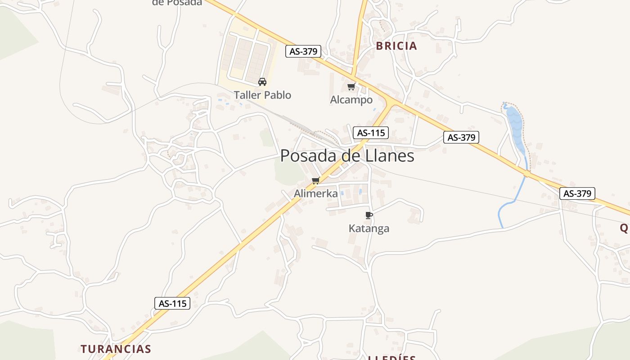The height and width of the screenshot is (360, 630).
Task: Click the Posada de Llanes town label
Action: [347, 156]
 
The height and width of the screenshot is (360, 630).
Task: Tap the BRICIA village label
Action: [396, 46]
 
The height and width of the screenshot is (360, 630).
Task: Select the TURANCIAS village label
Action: [116, 349]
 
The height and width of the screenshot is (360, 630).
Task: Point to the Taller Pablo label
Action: [262, 95]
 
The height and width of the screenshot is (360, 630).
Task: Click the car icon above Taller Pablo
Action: [262, 82]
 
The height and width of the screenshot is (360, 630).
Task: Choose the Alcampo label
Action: [351, 100]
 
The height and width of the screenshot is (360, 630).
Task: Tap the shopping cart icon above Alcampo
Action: [351, 86]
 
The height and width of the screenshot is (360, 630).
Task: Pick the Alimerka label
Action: [316, 193]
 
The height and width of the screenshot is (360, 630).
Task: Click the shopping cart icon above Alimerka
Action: [315, 181]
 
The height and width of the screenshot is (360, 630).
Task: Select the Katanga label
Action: [369, 229]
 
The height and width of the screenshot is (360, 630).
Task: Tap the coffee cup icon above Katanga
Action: [369, 216]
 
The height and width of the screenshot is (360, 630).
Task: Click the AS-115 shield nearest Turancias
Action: [172, 303]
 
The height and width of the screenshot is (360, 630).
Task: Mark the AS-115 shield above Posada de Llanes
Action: [371, 133]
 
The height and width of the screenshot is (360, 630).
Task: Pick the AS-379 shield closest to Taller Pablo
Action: [303, 51]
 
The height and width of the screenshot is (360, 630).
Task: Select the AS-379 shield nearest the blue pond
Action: [461, 137]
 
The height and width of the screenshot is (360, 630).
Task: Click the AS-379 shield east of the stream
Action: [577, 193]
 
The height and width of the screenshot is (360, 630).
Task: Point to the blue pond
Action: [516, 128]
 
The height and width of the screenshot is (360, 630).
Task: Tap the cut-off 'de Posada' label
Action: [177, 3]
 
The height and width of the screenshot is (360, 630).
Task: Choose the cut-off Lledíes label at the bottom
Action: [392, 358]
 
